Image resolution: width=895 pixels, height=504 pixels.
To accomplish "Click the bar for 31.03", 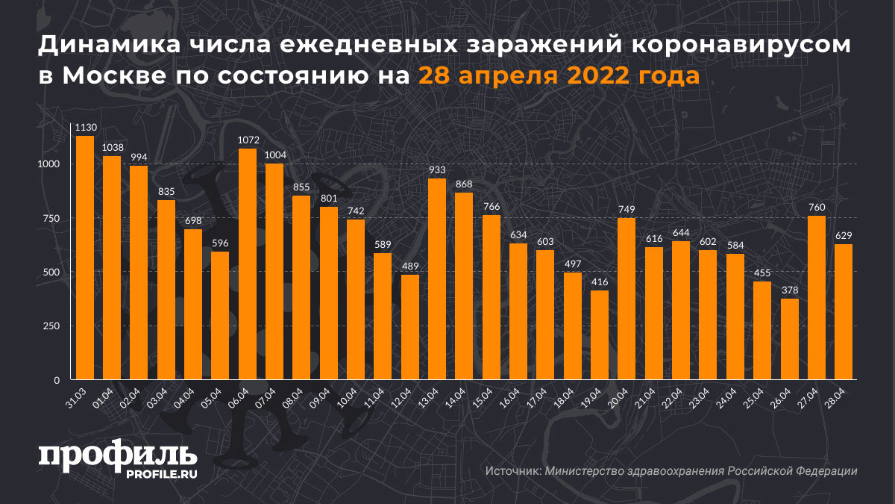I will tap(85, 258).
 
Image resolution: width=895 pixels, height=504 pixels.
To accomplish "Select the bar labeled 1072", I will tap(248, 264).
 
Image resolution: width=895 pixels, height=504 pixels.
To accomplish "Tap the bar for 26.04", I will tap(789, 339).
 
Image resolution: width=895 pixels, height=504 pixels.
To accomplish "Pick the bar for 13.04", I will tap(437, 279).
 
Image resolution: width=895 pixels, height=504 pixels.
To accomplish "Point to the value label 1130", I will tap(85, 127).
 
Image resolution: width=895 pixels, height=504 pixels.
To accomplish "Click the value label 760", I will tap(816, 207).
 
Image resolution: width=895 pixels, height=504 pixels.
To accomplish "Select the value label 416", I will tap(600, 281).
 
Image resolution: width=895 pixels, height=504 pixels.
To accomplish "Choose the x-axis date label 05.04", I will tap(213, 396).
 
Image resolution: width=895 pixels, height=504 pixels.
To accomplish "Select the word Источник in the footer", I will tap(512, 471).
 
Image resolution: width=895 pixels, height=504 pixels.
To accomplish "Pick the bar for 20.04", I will tap(626, 299).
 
